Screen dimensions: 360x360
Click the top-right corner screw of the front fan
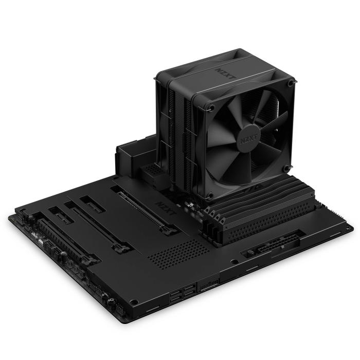coord(292,82)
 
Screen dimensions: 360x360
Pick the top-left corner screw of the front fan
coord(210,107)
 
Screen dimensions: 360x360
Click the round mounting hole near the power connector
coord(235,262)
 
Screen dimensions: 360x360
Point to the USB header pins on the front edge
coord(210,284)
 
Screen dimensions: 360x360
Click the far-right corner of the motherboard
coord(353,227)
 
